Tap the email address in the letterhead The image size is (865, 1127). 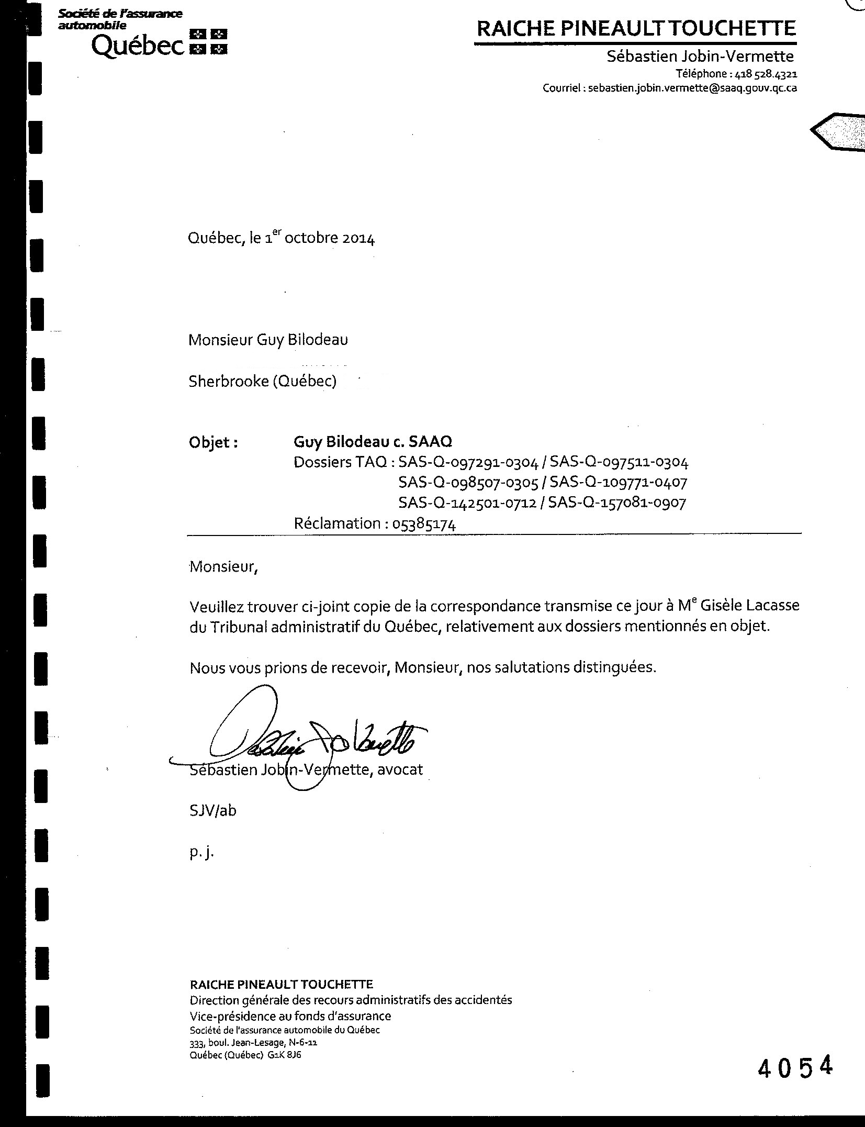692,88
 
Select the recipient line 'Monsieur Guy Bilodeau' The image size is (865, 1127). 268,340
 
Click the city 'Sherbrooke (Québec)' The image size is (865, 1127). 262,381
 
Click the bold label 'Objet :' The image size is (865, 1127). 213,443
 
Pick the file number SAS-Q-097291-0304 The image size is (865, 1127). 468,462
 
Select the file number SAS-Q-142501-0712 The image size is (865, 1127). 467,503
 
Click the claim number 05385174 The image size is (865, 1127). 424,524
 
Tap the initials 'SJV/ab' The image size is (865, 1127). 212,811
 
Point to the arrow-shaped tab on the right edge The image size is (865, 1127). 837,131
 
